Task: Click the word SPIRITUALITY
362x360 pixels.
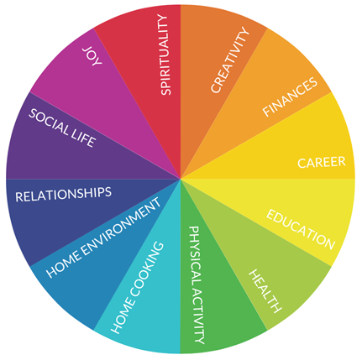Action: [165, 55]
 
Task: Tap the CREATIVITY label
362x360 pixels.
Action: [229, 60]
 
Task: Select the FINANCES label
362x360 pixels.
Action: [290, 97]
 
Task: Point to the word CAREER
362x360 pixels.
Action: [322, 163]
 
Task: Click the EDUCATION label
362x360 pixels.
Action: [301, 229]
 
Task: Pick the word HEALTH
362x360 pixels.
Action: [265, 291]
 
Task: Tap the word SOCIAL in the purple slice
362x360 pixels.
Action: [49, 123]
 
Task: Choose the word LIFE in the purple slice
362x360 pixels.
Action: [83, 138]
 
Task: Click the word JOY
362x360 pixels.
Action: [92, 57]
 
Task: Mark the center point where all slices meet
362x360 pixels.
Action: [181, 179]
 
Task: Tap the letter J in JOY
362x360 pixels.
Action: [87, 50]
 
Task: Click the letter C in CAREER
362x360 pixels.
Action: [302, 164]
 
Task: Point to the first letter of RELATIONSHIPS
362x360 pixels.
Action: [19, 197]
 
